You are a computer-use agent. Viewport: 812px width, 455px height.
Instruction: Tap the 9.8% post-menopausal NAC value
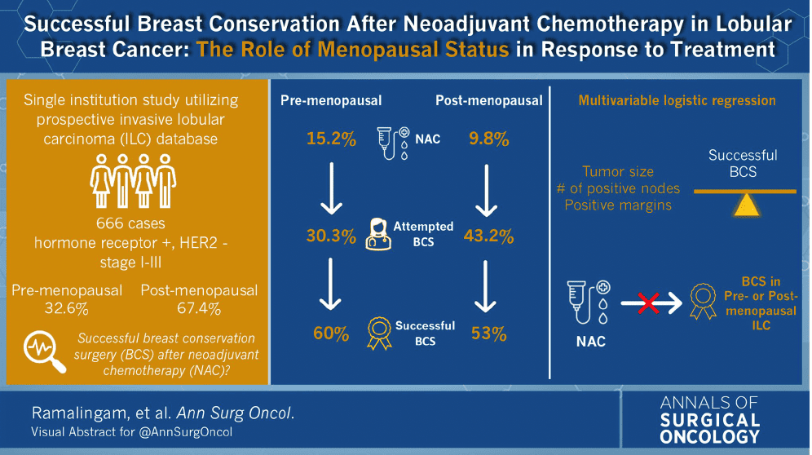pyautogui.click(x=489, y=139)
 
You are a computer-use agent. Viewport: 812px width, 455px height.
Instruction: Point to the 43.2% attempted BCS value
pyautogui.click(x=489, y=237)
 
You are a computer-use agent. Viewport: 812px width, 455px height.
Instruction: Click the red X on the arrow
pyautogui.click(x=649, y=305)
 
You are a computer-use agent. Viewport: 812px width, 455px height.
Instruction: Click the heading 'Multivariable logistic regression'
pyautogui.click(x=677, y=101)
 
